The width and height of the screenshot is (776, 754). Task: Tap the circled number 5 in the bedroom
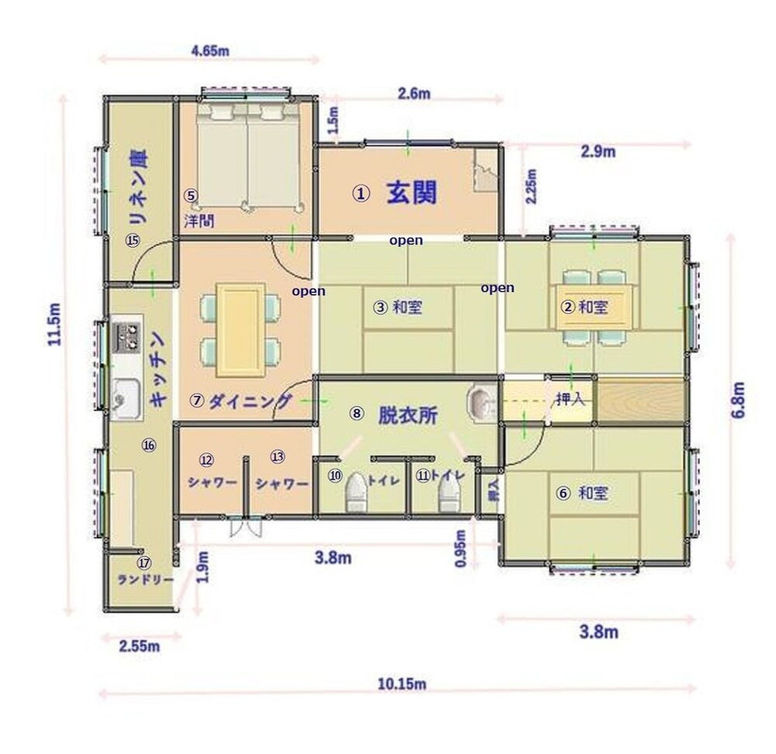[x=190, y=196]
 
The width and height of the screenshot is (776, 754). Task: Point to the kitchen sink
[x=124, y=395]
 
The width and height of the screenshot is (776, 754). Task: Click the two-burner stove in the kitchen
[x=125, y=335]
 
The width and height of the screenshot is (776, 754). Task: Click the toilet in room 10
[x=356, y=489]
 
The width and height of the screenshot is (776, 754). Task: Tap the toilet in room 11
[x=446, y=489]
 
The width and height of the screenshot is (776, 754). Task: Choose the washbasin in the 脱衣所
[x=480, y=402]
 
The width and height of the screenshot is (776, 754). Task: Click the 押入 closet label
[x=572, y=399]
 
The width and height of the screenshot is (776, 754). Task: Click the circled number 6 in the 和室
[x=563, y=493]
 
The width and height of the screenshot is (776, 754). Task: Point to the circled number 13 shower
[x=277, y=457]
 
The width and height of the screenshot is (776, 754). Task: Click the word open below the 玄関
[x=407, y=240]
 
